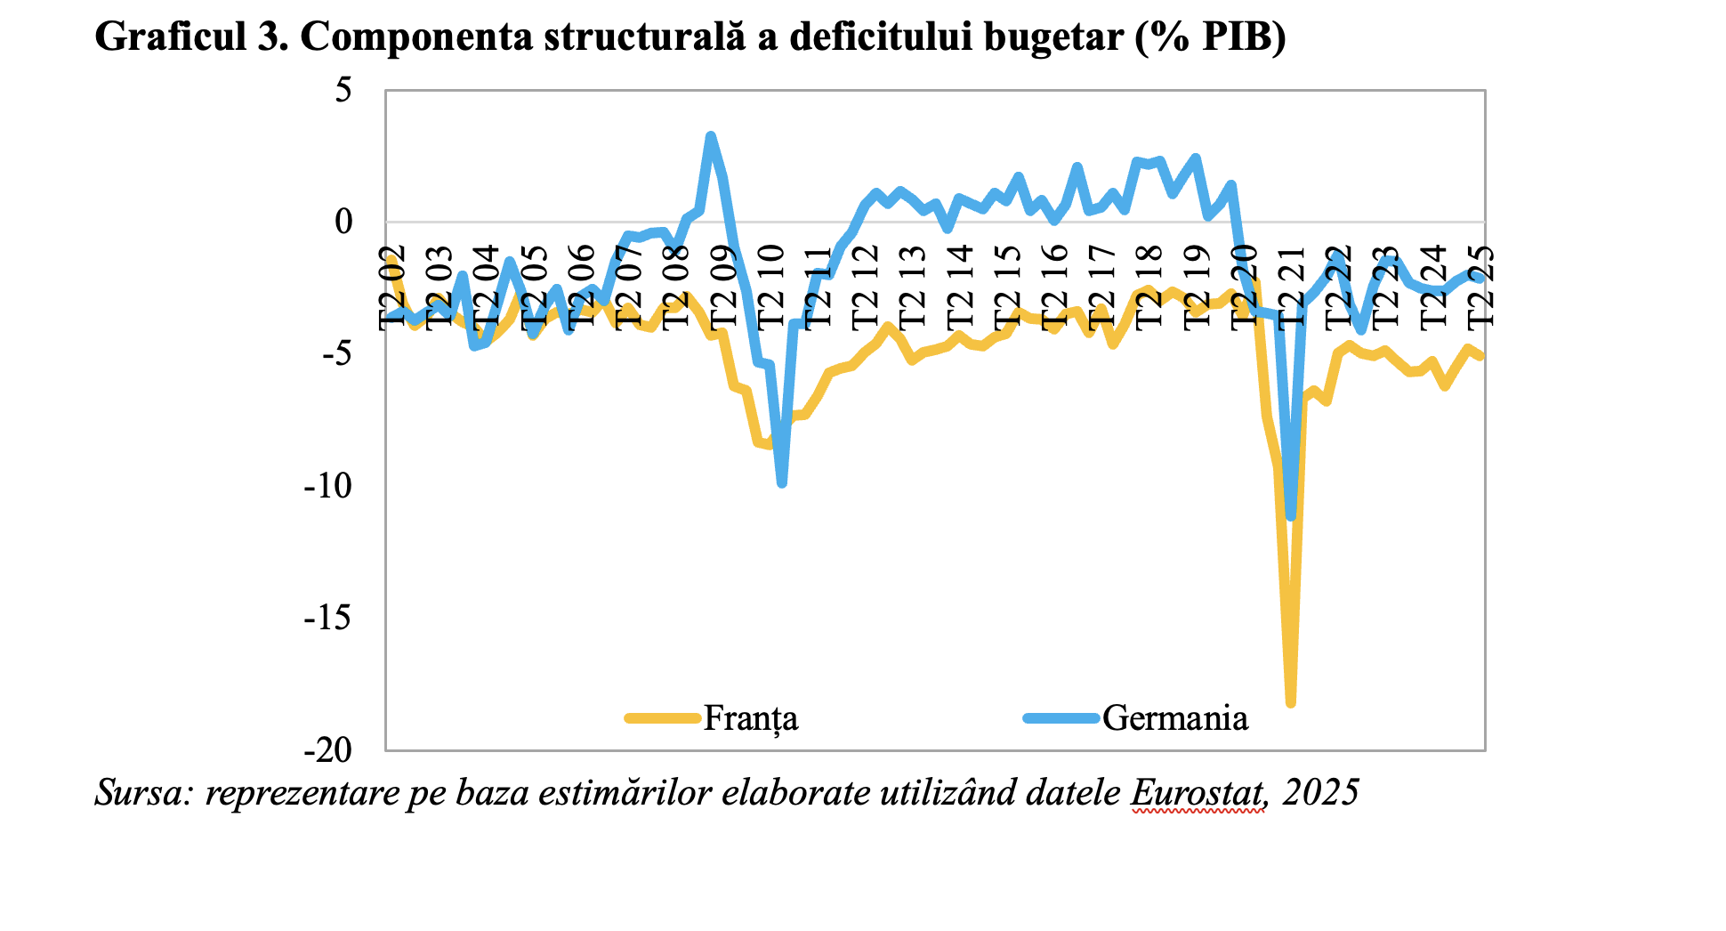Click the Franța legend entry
click(749, 717)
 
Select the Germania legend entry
click(1174, 717)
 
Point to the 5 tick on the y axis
click(343, 90)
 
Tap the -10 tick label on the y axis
click(329, 486)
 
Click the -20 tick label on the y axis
click(329, 750)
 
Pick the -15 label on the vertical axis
click(329, 618)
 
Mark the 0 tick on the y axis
click(343, 222)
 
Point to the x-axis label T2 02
click(391, 287)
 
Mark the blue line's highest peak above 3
click(710, 136)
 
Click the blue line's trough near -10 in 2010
click(781, 482)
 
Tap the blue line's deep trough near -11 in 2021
click(1291, 516)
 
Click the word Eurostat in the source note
click(1198, 791)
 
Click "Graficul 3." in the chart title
click(191, 37)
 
